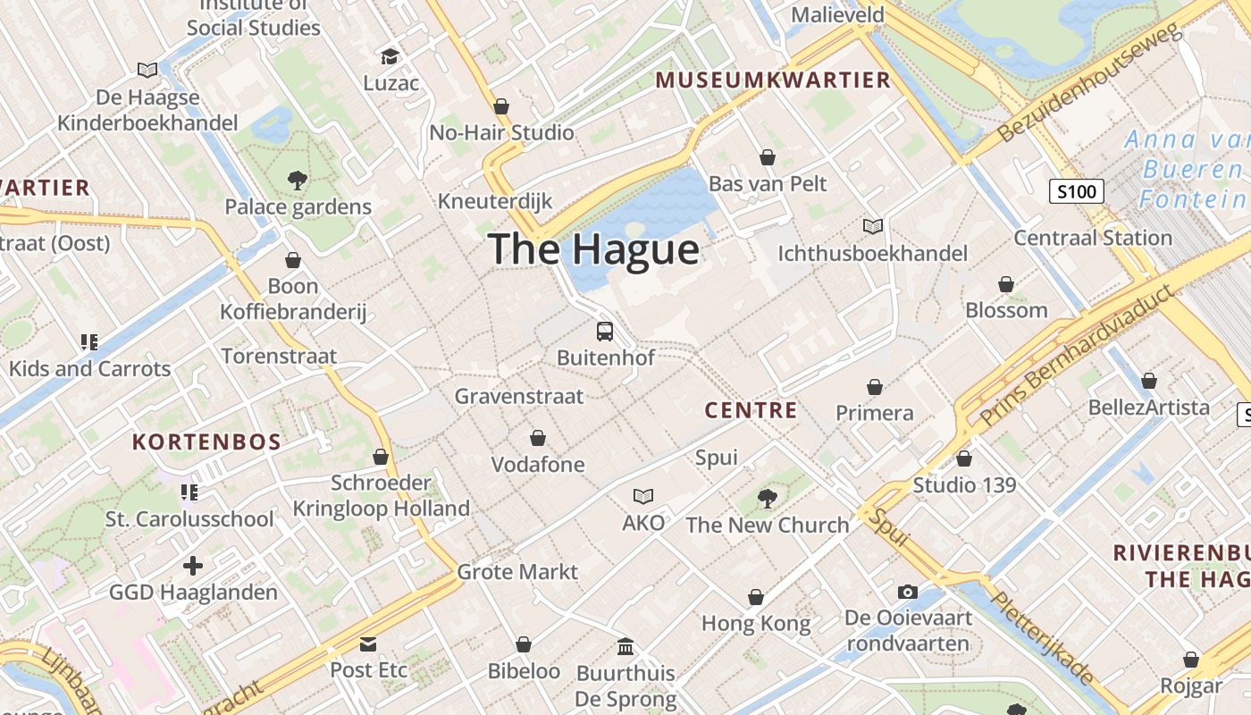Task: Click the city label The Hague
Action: tap(594, 249)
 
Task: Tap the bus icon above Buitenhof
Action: tap(605, 332)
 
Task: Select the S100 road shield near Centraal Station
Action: tap(1077, 190)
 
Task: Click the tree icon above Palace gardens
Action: tap(298, 181)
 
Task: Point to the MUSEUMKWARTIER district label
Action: tap(773, 80)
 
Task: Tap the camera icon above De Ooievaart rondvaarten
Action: tap(908, 592)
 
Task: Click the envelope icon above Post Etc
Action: tap(368, 644)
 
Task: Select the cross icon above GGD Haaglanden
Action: tap(193, 566)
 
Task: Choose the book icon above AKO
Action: tap(643, 496)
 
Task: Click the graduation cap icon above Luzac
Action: tap(390, 57)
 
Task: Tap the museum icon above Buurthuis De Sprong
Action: tap(625, 646)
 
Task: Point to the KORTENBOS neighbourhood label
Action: tap(206, 442)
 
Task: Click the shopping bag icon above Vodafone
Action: tap(538, 438)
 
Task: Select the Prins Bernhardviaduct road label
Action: tap(1079, 356)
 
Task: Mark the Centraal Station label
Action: tap(1093, 238)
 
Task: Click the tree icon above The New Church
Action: tap(767, 498)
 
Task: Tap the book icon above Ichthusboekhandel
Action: tap(872, 227)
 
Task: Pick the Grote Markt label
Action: tap(517, 571)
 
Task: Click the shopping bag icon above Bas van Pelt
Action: tap(768, 158)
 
